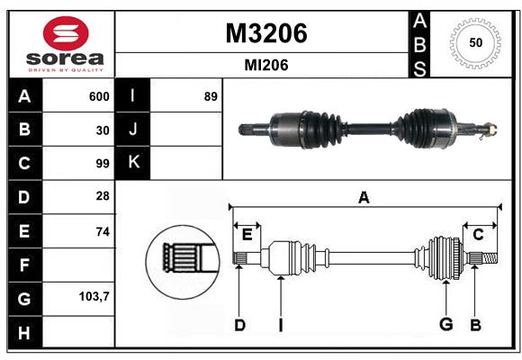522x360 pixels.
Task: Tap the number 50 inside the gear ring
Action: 474,43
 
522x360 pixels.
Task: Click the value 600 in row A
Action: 99,96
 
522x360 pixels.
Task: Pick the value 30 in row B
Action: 103,130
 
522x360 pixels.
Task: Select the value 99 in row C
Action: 103,164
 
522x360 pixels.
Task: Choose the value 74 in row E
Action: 103,231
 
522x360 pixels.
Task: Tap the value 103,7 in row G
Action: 95,296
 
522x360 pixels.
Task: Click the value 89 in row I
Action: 211,96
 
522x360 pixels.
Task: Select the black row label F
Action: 24,265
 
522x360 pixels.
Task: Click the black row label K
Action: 132,163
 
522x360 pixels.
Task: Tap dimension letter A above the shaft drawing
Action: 364,197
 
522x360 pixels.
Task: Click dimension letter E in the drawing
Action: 247,234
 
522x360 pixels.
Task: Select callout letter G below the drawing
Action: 445,324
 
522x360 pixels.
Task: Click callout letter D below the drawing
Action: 239,324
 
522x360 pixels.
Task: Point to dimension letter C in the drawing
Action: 479,234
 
